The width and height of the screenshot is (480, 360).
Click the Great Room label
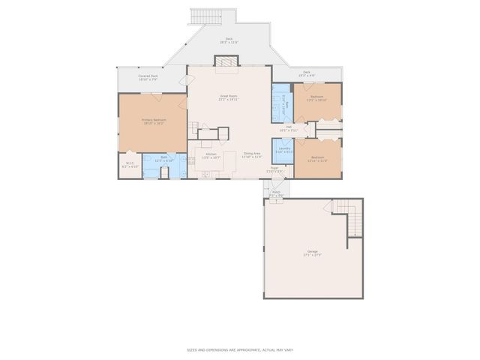[x=228, y=97]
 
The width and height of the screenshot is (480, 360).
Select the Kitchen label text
[x=211, y=155]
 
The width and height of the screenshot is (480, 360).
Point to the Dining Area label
[x=251, y=155]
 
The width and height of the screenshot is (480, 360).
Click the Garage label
[x=312, y=253]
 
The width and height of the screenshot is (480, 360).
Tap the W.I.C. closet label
[x=129, y=164]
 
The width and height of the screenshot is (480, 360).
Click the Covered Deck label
[x=148, y=77]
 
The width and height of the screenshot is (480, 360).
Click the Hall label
[x=289, y=128]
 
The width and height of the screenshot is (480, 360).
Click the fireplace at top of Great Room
[x=225, y=70]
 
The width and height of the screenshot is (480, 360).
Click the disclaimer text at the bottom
[x=240, y=349]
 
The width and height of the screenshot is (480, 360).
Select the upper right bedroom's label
[x=317, y=98]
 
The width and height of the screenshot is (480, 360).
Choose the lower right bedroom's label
[x=318, y=159]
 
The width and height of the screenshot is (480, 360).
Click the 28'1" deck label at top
[x=229, y=40]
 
